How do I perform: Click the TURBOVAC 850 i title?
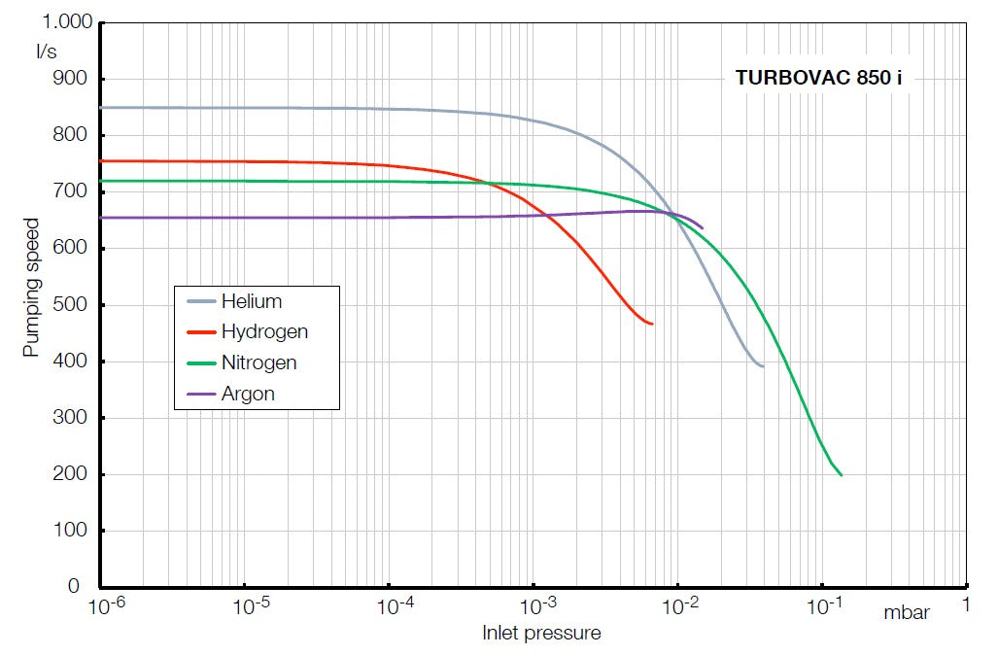(818, 80)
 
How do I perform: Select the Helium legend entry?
(251, 301)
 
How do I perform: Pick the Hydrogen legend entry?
(264, 331)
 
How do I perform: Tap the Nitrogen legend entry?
(258, 362)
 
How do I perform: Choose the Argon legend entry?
(248, 394)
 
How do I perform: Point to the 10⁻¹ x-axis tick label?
(826, 606)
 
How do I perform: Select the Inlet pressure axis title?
(541, 634)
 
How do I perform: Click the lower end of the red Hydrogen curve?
(652, 324)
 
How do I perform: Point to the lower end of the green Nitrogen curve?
(842, 475)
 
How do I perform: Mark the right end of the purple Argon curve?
(703, 228)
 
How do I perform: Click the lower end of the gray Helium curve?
(763, 366)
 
